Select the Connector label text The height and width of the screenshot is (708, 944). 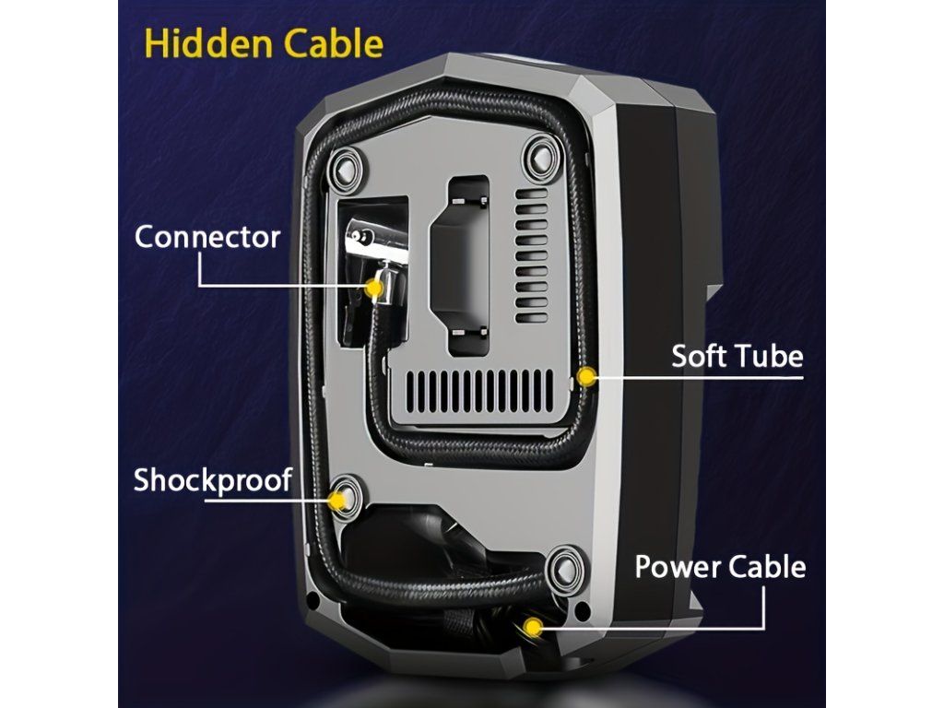pos(207,236)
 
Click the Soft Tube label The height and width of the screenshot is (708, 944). pos(737,356)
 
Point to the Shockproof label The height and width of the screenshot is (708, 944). pos(213,480)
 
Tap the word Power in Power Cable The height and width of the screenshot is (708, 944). pos(677,566)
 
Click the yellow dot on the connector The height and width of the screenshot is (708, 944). pos(374,289)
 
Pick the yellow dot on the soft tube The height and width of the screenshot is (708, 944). pos(584,376)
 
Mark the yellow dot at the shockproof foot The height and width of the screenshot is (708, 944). pos(338,500)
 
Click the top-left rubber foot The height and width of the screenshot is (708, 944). pos(346,166)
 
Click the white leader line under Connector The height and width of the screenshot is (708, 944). pos(277,285)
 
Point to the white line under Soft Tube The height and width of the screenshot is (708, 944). pos(701,376)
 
